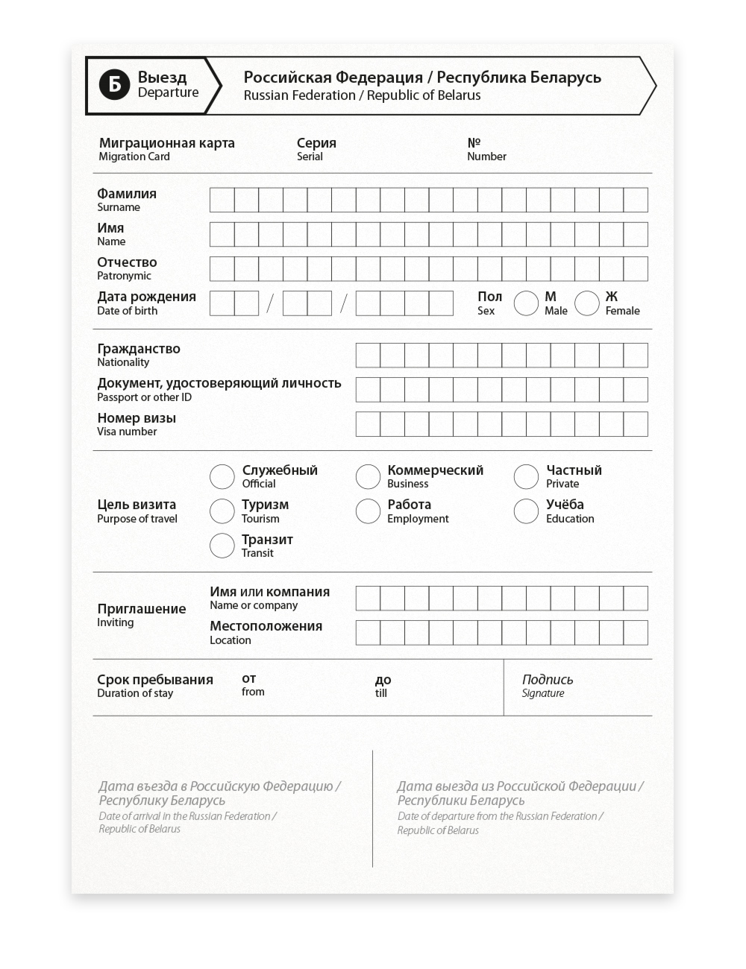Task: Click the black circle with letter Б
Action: tap(114, 85)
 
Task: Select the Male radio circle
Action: tap(526, 303)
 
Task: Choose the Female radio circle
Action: tap(587, 303)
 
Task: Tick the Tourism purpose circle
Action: tap(222, 511)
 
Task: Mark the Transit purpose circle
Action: tap(222, 546)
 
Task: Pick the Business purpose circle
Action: tap(368, 476)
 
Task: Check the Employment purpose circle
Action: tap(368, 511)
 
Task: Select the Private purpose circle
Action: tap(526, 476)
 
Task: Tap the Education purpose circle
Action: tap(526, 511)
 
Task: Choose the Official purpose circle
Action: tap(222, 476)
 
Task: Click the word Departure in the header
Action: tap(168, 93)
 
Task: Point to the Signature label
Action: tap(543, 694)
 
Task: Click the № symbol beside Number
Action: tap(474, 142)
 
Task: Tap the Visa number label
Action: tap(127, 432)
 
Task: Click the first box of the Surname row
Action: tap(222, 200)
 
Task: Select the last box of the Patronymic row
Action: tap(636, 269)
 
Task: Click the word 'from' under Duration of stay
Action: tap(253, 692)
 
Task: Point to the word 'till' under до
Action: tap(381, 693)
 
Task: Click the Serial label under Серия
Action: tap(310, 157)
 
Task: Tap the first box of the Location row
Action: tap(369, 633)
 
